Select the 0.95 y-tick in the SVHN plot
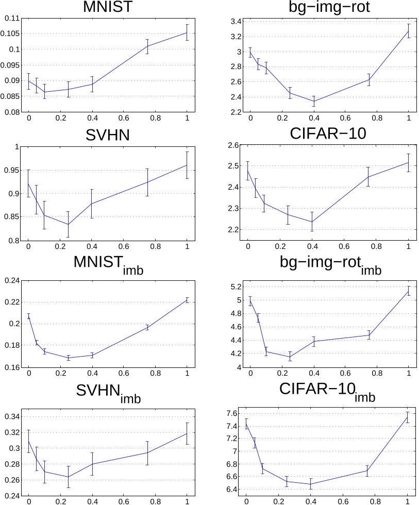(x=12, y=171)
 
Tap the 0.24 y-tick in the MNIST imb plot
(x=12, y=280)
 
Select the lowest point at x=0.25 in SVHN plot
(x=68, y=224)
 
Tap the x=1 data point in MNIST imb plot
(x=187, y=300)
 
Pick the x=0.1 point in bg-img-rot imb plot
(x=266, y=352)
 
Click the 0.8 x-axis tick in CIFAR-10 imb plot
(x=375, y=499)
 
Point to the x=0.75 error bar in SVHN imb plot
(x=147, y=453)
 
